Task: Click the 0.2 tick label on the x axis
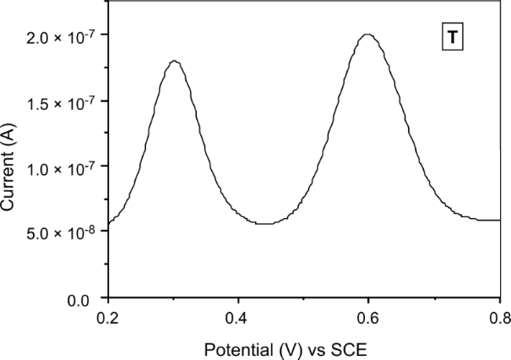[x=108, y=320]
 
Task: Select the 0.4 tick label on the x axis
[x=238, y=320]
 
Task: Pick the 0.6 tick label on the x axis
[x=369, y=320]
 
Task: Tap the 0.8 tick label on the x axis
[x=499, y=320]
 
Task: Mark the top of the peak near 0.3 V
[x=173, y=61]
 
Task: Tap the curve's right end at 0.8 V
[x=499, y=220]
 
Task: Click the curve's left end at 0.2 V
[x=108, y=223]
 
